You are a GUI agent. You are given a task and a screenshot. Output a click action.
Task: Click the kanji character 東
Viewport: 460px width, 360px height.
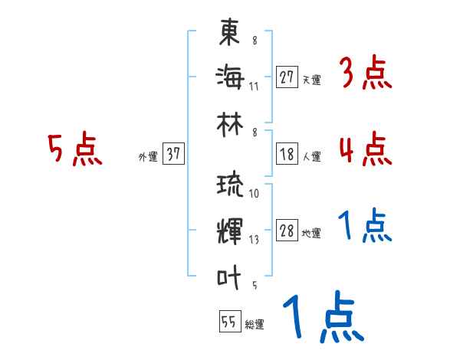pos(230,34)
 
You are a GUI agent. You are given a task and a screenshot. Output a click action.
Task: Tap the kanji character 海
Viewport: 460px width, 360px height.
pos(230,77)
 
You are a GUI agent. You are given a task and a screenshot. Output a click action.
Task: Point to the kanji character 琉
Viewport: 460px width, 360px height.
pos(230,186)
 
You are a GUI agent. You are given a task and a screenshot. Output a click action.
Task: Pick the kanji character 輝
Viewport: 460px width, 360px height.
pos(230,231)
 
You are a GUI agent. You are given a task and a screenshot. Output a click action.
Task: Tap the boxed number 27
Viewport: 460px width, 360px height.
pos(287,77)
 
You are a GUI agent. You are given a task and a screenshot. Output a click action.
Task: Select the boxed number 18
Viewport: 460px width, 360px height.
pos(287,154)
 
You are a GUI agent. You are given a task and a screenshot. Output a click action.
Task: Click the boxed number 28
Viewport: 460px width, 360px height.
pos(287,231)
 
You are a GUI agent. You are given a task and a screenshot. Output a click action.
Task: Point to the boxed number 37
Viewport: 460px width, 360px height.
pos(173,154)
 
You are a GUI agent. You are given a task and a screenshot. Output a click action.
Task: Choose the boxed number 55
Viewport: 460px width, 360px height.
pos(228,322)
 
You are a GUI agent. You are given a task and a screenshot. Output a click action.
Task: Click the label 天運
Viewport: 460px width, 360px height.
pos(311,80)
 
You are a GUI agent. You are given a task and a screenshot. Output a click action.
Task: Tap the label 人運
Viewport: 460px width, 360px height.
pos(311,157)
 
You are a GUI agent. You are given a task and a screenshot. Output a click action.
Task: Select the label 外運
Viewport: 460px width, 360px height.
pos(147,157)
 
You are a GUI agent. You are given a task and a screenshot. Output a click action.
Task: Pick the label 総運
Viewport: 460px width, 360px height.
pos(255,325)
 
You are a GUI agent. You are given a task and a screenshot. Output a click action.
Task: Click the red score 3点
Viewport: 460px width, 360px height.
pos(365,74)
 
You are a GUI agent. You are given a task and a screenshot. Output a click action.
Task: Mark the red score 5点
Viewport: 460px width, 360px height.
pos(74,149)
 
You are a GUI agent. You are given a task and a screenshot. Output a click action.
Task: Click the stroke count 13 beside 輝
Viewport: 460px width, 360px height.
pos(254,240)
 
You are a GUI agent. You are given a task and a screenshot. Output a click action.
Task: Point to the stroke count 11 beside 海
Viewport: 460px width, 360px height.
pos(254,85)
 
